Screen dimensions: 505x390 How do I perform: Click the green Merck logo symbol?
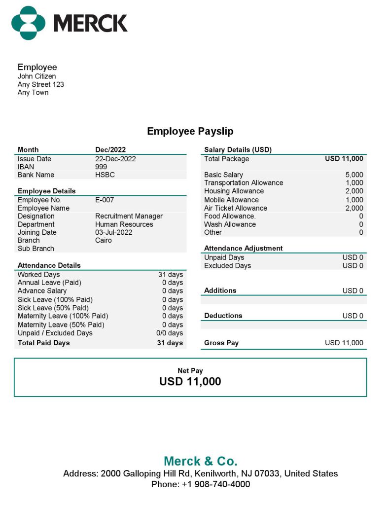point(29,23)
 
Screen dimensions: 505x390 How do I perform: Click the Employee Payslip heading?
point(190,131)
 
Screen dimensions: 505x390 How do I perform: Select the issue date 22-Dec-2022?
point(115,159)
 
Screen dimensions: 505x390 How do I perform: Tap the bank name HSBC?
point(105,175)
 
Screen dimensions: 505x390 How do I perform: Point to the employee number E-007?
point(105,200)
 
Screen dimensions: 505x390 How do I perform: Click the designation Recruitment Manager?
point(129,216)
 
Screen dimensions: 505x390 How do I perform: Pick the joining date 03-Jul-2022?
point(113,232)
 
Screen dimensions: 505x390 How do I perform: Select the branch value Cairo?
point(104,240)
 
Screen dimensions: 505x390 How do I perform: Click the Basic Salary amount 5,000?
point(354,175)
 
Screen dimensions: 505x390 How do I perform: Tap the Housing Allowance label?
point(234,191)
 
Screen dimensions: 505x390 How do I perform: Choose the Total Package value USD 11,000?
point(344,159)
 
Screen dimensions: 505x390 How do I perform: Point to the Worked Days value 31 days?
point(170,275)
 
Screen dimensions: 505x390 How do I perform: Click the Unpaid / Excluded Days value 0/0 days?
point(169,333)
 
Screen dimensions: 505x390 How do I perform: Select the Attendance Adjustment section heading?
point(244,248)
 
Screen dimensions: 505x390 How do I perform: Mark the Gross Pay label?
point(221,343)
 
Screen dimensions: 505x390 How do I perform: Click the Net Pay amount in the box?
point(190,381)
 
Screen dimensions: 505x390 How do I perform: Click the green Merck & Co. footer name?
point(200,461)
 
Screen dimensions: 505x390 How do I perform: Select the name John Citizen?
point(36,76)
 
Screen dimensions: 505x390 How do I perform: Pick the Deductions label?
point(223,316)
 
